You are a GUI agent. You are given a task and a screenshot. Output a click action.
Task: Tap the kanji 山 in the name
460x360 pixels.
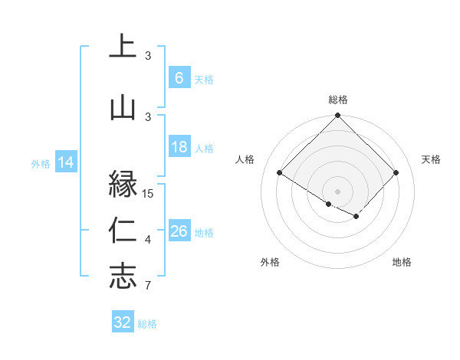point(123,108)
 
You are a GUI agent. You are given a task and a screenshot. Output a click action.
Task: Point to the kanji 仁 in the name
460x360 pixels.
point(123,231)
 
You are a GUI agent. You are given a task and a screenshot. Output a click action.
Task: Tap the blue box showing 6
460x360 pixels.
point(179,77)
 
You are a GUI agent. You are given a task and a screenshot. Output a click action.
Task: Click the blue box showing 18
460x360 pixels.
point(179,147)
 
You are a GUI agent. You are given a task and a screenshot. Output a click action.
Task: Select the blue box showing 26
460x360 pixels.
point(179,231)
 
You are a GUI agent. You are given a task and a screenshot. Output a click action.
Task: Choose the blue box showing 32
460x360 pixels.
point(123,322)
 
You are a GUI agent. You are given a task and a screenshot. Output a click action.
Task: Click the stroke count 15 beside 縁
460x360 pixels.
point(149,193)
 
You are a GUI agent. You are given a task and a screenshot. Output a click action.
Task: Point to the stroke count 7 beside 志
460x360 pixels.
point(148,286)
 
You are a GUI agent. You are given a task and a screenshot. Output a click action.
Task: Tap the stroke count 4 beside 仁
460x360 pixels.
point(148,241)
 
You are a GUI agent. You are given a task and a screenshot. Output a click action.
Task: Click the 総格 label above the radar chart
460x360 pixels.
point(338,100)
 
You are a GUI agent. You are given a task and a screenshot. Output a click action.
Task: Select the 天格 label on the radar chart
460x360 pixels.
point(431,159)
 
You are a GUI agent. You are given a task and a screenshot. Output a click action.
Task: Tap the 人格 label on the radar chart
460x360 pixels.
point(245,159)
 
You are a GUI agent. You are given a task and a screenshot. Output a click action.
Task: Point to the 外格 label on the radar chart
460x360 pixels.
point(270,262)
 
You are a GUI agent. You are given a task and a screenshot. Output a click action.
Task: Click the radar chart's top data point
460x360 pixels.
point(337,116)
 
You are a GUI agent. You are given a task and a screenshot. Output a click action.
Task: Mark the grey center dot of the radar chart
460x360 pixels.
point(337,190)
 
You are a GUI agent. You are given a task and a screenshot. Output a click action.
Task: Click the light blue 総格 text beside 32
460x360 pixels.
point(147,324)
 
